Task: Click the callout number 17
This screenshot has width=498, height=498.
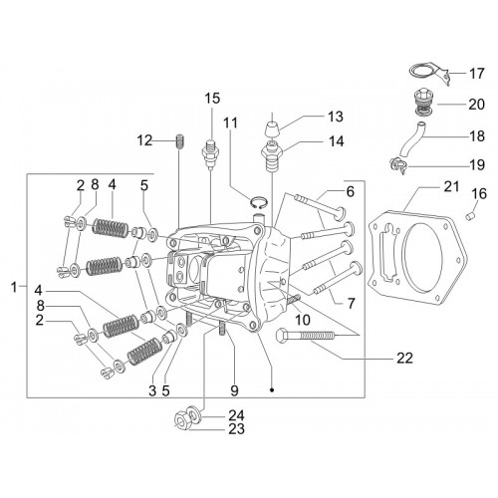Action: pos(476,74)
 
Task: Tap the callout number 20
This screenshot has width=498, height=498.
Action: pos(476,105)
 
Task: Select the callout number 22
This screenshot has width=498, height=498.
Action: pos(404,359)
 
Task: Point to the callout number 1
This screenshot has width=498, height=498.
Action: pos(14,287)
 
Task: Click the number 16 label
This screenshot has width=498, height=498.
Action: pos(478,194)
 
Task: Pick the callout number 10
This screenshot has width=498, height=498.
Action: pos(303,320)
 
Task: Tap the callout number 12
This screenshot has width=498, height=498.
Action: pos(144,140)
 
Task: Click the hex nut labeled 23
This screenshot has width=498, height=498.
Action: pos(181,421)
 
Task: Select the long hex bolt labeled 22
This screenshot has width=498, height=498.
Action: pos(305,336)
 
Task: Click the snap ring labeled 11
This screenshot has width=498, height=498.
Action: pos(258,203)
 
